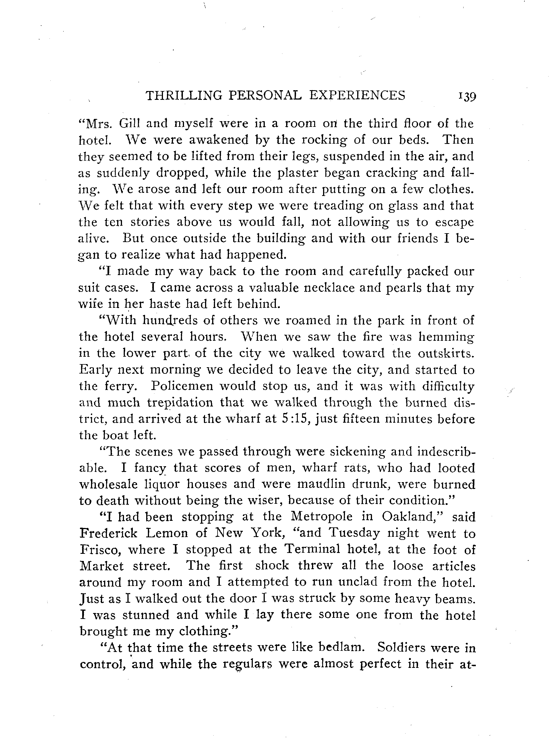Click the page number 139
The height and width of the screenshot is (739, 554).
click(x=467, y=96)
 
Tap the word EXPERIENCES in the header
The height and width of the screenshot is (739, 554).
click(x=357, y=96)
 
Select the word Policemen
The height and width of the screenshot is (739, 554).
click(x=182, y=386)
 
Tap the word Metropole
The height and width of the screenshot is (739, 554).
click(x=322, y=517)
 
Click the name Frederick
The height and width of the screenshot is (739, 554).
click(x=108, y=533)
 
